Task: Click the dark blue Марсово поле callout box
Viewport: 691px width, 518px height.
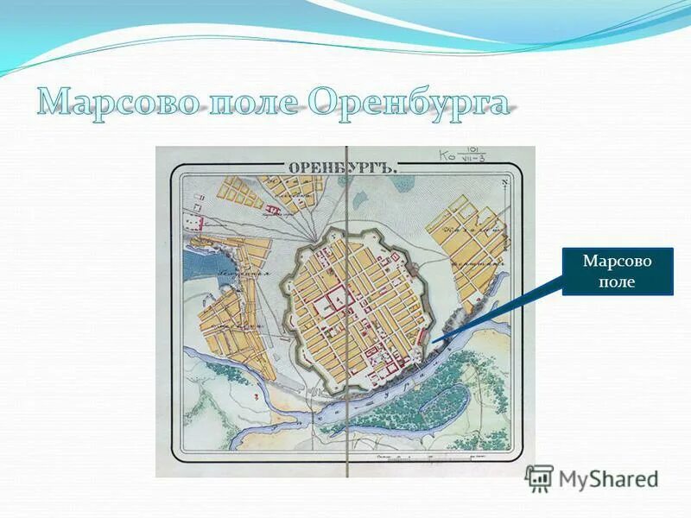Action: point(617,271)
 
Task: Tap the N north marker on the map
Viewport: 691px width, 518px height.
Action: point(504,183)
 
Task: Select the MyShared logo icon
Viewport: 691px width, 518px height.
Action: point(539,477)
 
